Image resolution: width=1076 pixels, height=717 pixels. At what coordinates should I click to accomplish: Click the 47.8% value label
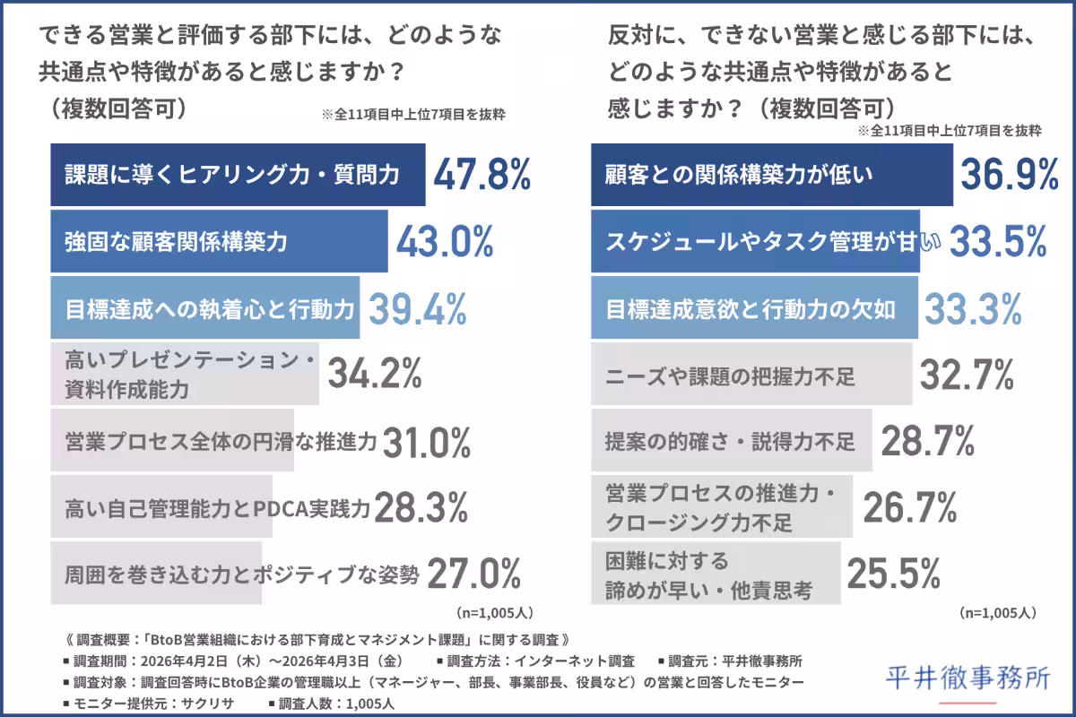482,174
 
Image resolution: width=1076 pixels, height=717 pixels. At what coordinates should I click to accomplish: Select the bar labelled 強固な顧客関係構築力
219,241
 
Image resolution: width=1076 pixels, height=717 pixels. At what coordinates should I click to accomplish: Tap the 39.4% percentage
418,308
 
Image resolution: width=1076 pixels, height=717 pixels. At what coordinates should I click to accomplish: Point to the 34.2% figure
374,375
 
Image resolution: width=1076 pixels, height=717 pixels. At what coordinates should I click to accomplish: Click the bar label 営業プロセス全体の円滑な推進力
221,441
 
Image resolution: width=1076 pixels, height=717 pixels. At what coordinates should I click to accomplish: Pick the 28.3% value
421,508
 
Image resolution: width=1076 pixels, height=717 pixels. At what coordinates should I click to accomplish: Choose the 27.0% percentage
473,574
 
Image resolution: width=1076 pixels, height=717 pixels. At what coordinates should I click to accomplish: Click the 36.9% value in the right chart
1010,175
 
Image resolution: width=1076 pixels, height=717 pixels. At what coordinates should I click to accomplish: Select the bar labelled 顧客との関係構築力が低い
771,175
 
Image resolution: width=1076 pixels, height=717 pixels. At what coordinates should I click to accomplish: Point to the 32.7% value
966,375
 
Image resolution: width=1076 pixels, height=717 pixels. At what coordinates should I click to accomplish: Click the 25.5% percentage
893,574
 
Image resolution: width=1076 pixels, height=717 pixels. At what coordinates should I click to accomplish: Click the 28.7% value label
927,441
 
